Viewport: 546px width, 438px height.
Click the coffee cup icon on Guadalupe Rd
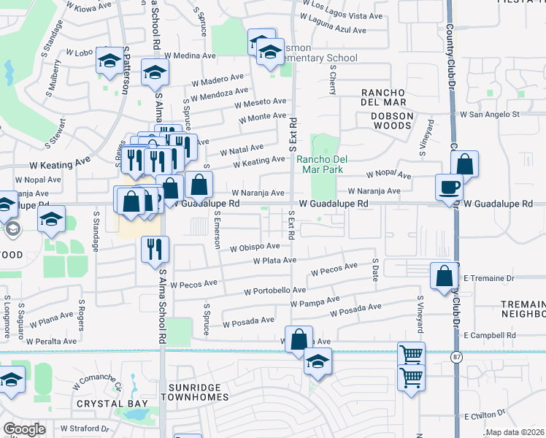coord(449,187)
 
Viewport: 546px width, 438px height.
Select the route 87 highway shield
coord(456,356)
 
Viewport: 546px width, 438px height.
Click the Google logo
coord(25,429)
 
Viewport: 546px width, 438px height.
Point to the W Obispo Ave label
coord(255,247)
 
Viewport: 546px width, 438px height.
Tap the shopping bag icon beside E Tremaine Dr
coord(444,277)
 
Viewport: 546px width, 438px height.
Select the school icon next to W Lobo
coord(109,61)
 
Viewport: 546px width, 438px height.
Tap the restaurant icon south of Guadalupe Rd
coord(154,249)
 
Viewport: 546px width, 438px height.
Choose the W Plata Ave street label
coord(275,261)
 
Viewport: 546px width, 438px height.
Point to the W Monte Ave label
coord(263,116)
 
